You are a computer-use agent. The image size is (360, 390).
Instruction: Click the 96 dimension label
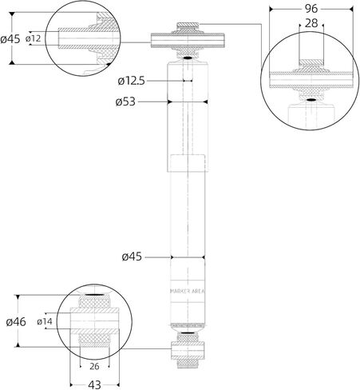click(x=311, y=9)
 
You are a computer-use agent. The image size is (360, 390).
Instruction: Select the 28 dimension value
click(x=311, y=23)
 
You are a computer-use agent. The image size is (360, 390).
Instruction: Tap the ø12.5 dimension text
click(x=131, y=81)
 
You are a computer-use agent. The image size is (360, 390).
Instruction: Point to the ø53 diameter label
click(x=125, y=101)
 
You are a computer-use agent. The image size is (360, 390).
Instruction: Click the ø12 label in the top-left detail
click(x=34, y=38)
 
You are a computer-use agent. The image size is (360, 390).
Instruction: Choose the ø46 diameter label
click(x=16, y=322)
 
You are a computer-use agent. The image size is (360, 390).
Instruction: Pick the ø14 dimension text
click(x=45, y=321)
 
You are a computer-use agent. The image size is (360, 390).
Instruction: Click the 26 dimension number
click(x=94, y=367)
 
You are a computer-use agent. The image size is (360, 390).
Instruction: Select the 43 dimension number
click(x=94, y=384)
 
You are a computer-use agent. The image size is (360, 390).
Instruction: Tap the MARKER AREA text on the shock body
click(x=188, y=291)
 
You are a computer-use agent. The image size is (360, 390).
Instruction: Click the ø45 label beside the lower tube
click(x=132, y=257)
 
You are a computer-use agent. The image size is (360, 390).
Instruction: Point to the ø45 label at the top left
click(x=10, y=39)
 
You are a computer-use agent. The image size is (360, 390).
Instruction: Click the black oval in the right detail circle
click(x=311, y=100)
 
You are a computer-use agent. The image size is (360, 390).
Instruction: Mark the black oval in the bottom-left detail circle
click(x=95, y=294)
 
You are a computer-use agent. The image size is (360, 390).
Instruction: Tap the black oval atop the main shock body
click(x=188, y=58)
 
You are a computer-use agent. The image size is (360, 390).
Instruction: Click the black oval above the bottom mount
click(x=188, y=333)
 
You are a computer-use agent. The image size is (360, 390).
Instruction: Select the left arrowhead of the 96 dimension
click(x=271, y=10)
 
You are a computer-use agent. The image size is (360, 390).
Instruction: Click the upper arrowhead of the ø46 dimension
click(x=18, y=297)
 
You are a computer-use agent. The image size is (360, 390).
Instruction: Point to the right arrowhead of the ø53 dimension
click(x=205, y=101)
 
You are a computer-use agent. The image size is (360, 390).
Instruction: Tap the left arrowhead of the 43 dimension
click(x=71, y=384)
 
